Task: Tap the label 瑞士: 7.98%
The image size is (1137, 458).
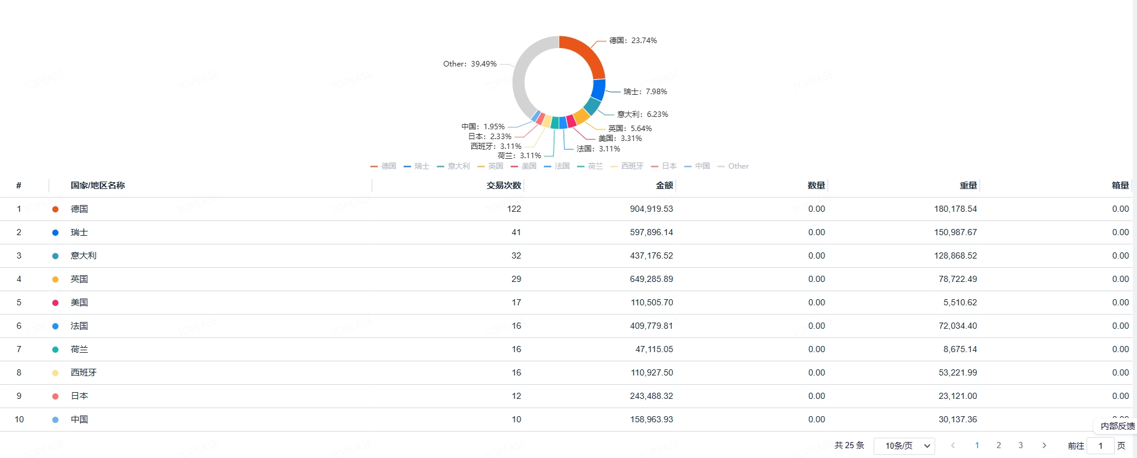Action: point(645,92)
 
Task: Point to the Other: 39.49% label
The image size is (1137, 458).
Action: point(469,64)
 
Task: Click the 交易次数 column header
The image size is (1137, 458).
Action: point(503,185)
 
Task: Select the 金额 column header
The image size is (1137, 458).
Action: point(664,185)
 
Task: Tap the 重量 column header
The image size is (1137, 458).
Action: point(968,185)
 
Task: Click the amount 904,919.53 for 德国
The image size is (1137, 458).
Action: point(651,209)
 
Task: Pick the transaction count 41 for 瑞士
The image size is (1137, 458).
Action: point(516,233)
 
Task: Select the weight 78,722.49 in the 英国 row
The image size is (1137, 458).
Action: point(957,279)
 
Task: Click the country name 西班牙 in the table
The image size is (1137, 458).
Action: point(84,373)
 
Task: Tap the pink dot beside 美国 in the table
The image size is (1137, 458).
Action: point(55,303)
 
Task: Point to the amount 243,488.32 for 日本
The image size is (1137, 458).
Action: point(651,396)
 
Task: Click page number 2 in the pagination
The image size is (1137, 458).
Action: point(999,446)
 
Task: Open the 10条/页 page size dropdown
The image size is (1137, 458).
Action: point(904,446)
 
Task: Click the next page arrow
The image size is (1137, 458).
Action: point(1044,446)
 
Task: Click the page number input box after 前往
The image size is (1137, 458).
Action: point(1100,446)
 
